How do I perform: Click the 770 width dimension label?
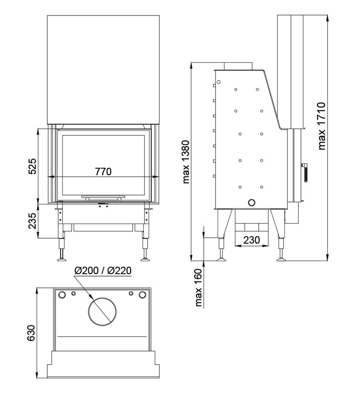pos(103,172)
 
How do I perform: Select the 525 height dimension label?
pos(32,166)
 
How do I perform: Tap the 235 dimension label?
pos(32,221)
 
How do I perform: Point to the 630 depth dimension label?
pos(31,333)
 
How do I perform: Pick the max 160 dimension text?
pos(199,288)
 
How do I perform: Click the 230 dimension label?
pos(252,240)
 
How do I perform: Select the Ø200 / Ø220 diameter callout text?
pos(103,270)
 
